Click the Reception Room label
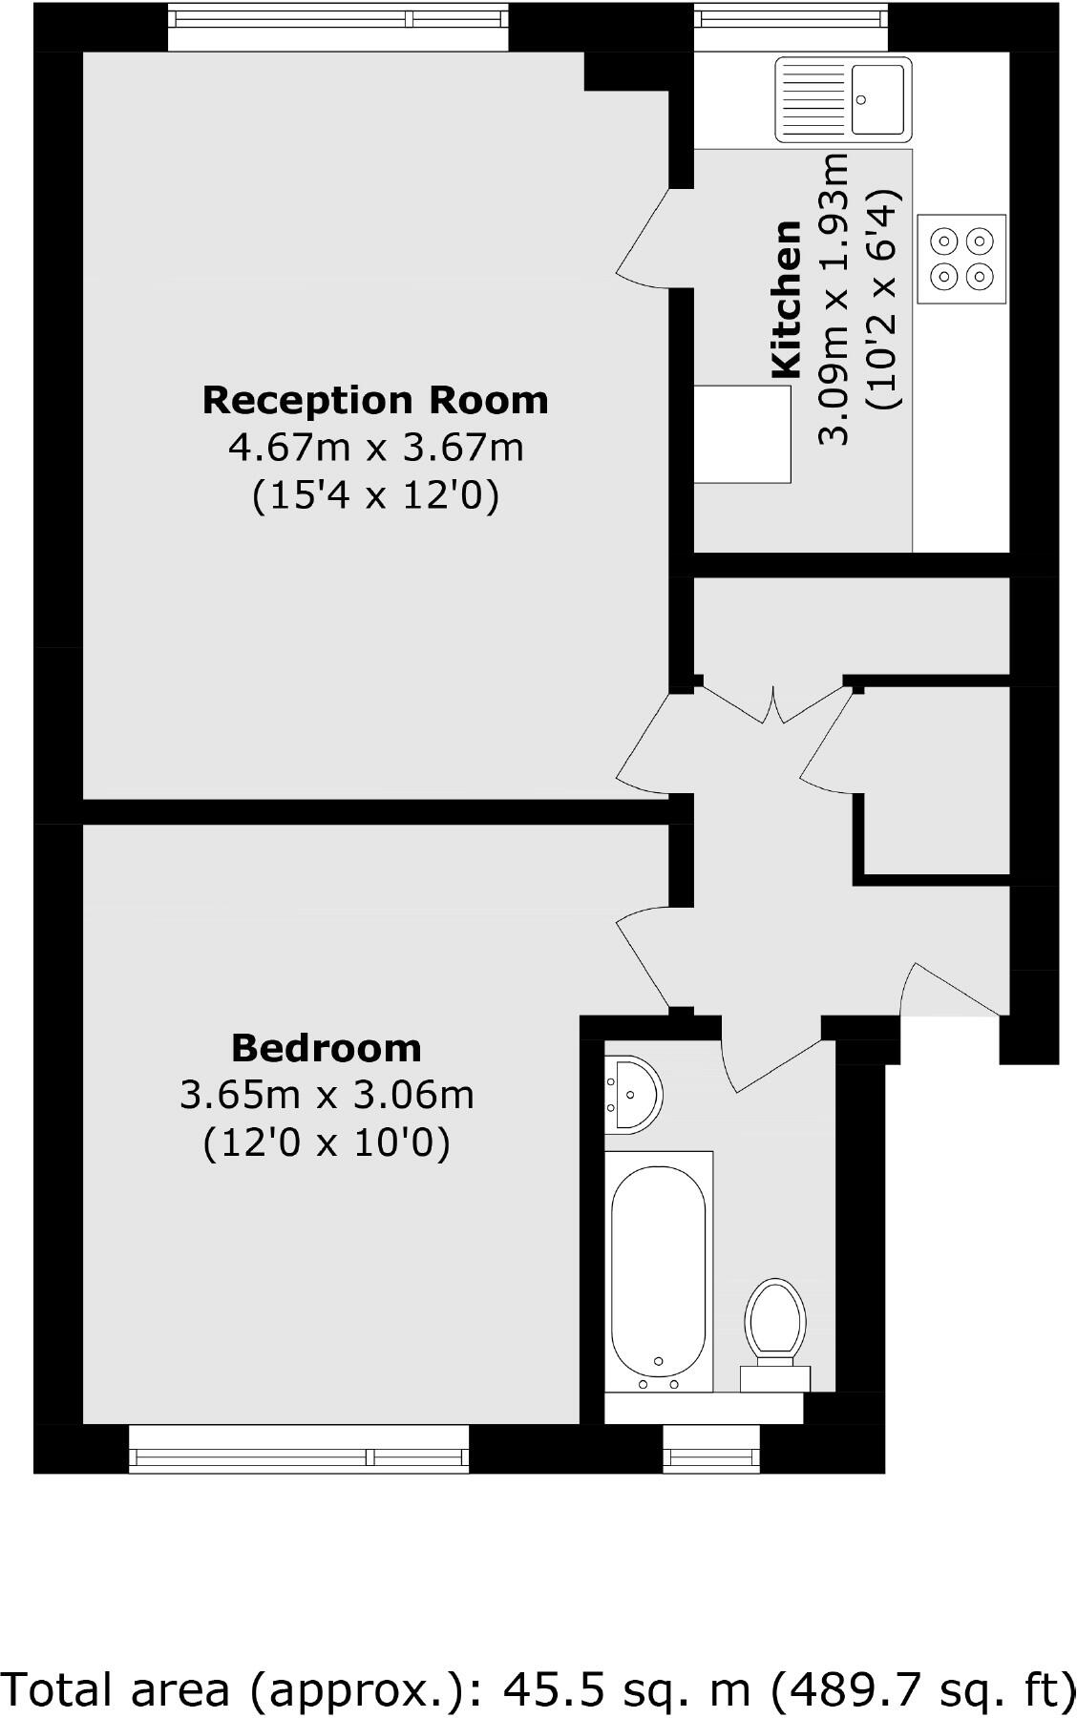pyautogui.click(x=375, y=400)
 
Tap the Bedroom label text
pyautogui.click(x=327, y=1048)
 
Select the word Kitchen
pyautogui.click(x=786, y=299)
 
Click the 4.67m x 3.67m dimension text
pyautogui.click(x=375, y=447)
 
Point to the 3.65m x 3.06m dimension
pyautogui.click(x=327, y=1095)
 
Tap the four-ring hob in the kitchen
pyautogui.click(x=961, y=259)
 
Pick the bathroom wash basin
pyautogui.click(x=631, y=1095)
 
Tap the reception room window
pyautogui.click(x=338, y=25)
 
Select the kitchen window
pyautogui.click(x=789, y=25)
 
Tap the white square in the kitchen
pyautogui.click(x=742, y=434)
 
